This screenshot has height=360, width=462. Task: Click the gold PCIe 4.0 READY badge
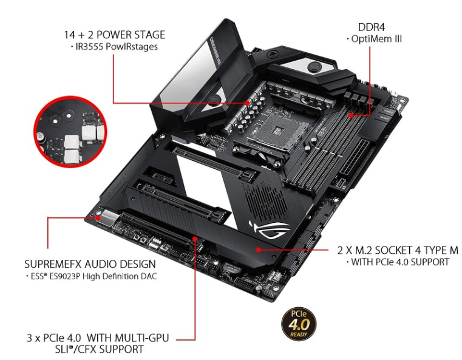coord(299,325)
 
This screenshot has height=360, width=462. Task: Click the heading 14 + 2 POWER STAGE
coord(115,35)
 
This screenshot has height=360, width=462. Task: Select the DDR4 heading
coord(372,27)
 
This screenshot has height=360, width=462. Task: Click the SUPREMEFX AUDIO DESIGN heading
coord(90,264)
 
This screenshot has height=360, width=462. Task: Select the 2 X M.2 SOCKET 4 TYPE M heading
coord(398,250)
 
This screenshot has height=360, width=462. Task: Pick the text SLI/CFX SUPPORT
coord(100,349)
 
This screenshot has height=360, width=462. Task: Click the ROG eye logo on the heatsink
coord(270,229)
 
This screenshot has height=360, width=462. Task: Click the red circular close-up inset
coord(70,131)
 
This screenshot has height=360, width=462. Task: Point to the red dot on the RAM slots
coord(351,115)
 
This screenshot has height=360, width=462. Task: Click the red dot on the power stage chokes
coord(248,103)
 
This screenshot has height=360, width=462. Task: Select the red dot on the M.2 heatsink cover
coord(259,250)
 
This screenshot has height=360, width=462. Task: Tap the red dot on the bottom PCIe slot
coord(195,238)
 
